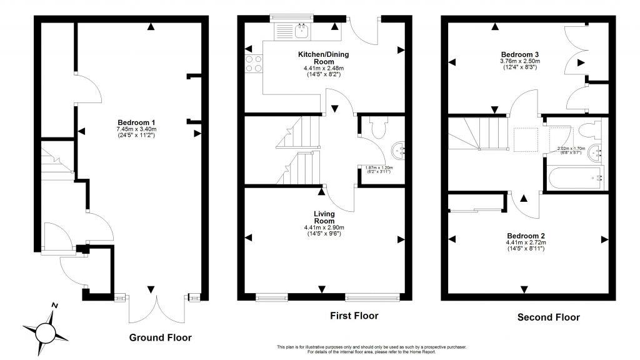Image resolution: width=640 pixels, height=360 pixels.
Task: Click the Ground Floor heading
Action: tap(160, 337)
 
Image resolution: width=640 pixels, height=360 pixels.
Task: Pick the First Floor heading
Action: tap(354, 316)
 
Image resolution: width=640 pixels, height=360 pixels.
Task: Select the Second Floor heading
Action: tap(548, 317)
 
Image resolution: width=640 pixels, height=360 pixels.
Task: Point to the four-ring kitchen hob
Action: tap(254, 64)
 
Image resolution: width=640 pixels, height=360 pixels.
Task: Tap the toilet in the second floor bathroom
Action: tap(587, 131)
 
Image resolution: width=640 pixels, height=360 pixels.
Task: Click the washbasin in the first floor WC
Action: tap(399, 150)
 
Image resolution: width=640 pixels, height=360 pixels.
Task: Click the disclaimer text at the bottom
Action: tap(371, 349)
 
